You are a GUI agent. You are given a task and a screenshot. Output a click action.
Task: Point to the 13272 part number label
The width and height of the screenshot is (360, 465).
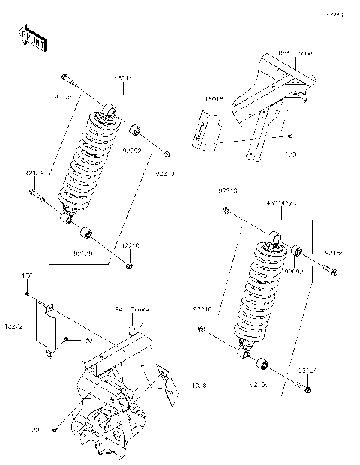[15, 325]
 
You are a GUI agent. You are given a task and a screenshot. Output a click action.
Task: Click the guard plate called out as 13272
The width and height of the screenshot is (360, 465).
[46, 328]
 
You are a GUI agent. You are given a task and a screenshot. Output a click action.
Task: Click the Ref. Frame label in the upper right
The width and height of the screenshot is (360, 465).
[295, 54]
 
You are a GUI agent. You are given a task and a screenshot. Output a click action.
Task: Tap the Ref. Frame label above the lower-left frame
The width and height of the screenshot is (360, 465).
[131, 309]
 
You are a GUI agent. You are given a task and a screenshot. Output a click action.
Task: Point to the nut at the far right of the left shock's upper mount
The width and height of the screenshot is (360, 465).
[166, 155]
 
